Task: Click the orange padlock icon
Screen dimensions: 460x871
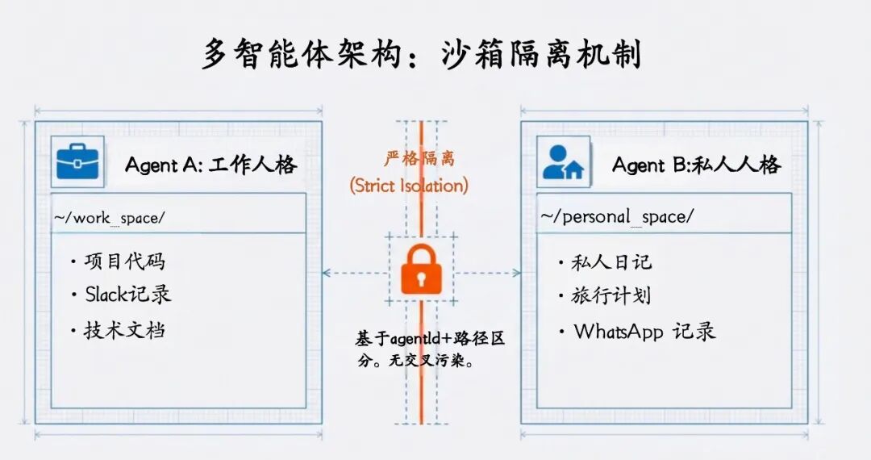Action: (419, 270)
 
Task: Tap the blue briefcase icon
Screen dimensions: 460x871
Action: (77, 162)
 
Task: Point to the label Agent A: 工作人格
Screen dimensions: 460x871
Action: (210, 165)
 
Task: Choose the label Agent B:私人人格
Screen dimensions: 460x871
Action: (696, 165)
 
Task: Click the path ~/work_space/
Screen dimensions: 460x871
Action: (110, 218)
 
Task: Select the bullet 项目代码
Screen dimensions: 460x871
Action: (125, 261)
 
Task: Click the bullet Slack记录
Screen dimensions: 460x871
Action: (128, 295)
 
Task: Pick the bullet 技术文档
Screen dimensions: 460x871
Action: (125, 329)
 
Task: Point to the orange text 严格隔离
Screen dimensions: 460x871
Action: (419, 158)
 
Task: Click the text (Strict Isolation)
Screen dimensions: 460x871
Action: (409, 186)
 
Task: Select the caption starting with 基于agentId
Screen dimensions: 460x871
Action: (430, 349)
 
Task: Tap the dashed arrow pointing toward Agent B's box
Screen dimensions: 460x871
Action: (487, 273)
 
